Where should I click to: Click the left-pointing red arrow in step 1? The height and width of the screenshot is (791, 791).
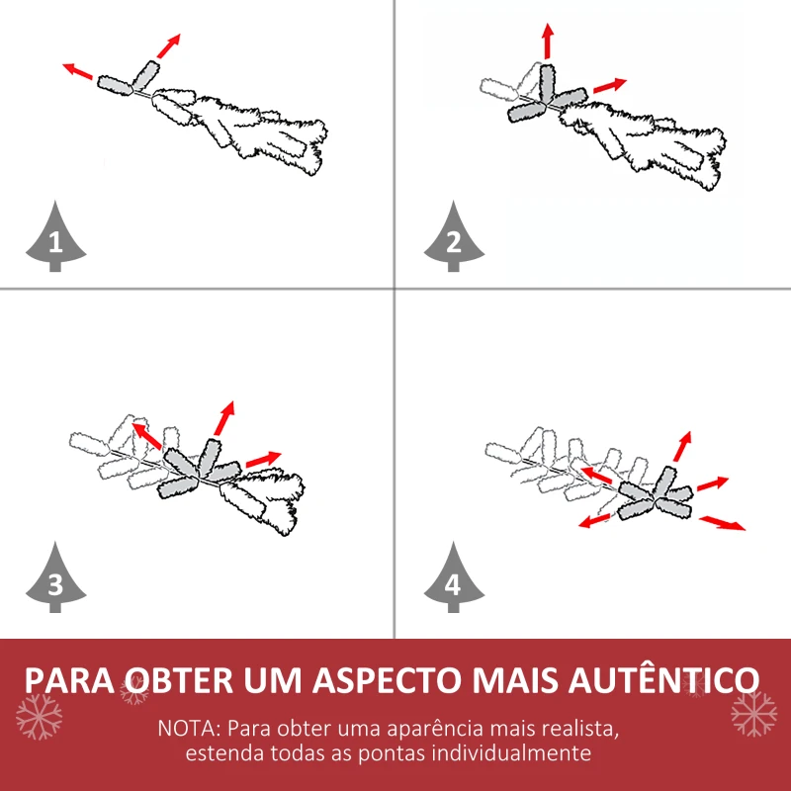79,72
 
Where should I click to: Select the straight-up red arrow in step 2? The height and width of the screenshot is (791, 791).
547,41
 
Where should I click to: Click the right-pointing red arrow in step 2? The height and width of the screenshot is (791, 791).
610,86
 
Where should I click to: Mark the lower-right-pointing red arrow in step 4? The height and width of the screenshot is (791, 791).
723,522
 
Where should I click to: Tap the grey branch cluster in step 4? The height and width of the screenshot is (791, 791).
655,493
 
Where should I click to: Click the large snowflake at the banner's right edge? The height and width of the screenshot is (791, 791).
753,714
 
